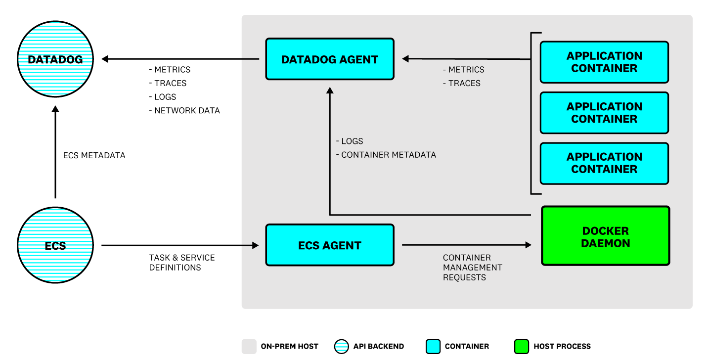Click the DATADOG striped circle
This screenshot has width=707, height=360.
[x=55, y=59]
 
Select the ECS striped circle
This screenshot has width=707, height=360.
[x=55, y=245]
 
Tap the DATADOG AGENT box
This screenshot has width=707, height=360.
[x=330, y=59]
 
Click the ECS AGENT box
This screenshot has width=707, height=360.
[x=330, y=245]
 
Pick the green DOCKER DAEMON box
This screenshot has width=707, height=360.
[x=605, y=236]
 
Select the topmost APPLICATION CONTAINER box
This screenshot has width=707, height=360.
[x=604, y=62]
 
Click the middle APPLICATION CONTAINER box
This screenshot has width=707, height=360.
[x=604, y=113]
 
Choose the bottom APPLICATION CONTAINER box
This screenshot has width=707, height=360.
[x=604, y=163]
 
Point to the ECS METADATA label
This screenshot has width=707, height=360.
[x=94, y=155]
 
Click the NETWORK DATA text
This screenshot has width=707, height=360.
[x=187, y=111]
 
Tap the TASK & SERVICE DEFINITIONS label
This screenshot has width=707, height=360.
[x=182, y=263]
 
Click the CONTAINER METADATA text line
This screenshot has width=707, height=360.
[x=389, y=155]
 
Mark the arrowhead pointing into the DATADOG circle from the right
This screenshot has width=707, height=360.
[x=105, y=59]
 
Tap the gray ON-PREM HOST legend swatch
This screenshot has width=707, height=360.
[x=249, y=347]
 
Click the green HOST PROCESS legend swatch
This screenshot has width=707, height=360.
[x=522, y=347]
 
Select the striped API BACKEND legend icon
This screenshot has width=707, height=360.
[x=342, y=347]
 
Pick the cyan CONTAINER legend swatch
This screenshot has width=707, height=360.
[x=433, y=347]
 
